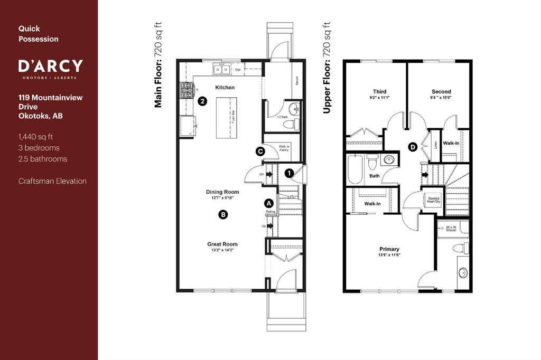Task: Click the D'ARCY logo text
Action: click(x=50, y=66)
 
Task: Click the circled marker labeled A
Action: click(x=268, y=203)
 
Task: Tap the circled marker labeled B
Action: click(x=223, y=214)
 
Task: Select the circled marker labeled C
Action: click(x=260, y=151)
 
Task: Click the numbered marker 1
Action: click(x=288, y=173)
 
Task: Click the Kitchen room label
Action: click(x=225, y=88)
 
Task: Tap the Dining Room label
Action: click(x=222, y=192)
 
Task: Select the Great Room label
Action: click(x=222, y=244)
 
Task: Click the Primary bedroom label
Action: click(x=389, y=249)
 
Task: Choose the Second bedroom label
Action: click(x=441, y=91)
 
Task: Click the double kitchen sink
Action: click(x=221, y=69)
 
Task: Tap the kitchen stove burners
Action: click(x=188, y=90)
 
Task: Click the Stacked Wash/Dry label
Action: click(x=434, y=200)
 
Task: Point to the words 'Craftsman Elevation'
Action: click(x=52, y=181)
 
